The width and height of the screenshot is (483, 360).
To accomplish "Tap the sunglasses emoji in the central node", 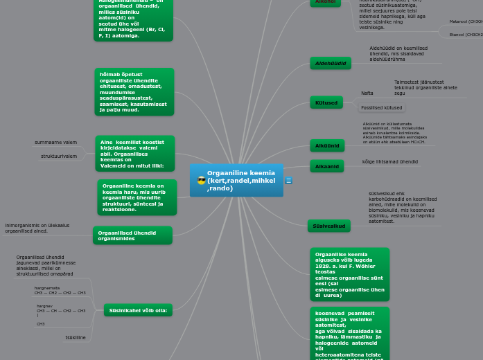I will pyautogui.click(x=201, y=181).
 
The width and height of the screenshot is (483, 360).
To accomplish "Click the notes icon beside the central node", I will pyautogui.click(x=289, y=181).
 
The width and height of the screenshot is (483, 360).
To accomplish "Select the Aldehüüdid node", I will pyautogui.click(x=331, y=63).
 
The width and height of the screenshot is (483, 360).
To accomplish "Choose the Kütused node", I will pyautogui.click(x=326, y=102).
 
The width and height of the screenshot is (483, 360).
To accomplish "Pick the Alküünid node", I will pyautogui.click(x=327, y=146).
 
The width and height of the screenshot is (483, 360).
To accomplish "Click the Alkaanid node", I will pyautogui.click(x=327, y=166).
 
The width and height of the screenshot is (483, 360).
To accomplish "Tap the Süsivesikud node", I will pyautogui.click(x=328, y=226).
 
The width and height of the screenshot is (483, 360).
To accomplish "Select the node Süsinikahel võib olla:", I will pyautogui.click(x=138, y=310).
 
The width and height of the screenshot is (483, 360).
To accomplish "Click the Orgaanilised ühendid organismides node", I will pyautogui.click(x=132, y=235).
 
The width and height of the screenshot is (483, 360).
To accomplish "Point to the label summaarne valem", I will pyautogui.click(x=55, y=143).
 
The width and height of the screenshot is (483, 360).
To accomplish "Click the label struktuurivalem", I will pyautogui.click(x=59, y=156).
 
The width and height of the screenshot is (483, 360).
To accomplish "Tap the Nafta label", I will pyautogui.click(x=367, y=93).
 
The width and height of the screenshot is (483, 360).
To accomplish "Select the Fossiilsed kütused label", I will pyautogui.click(x=381, y=108).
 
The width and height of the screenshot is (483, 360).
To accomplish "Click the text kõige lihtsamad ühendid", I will pyautogui.click(x=389, y=162).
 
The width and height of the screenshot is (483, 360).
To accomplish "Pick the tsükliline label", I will pyautogui.click(x=76, y=338).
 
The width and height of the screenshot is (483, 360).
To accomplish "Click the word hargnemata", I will pyautogui.click(x=47, y=288).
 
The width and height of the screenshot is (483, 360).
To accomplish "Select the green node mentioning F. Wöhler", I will pyautogui.click(x=349, y=274).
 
